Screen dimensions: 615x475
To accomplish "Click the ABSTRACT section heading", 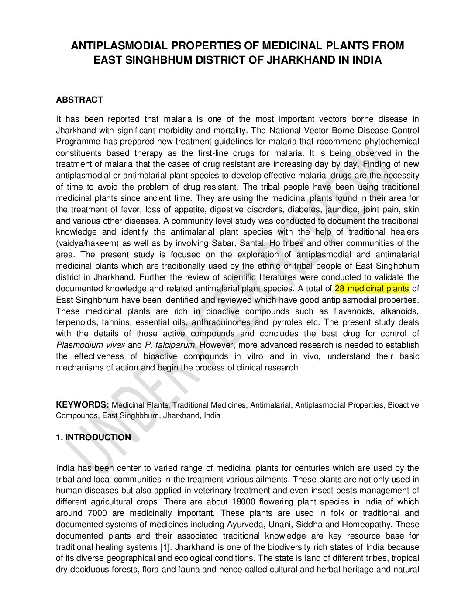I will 79,100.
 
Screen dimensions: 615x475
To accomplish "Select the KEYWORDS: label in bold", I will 82,404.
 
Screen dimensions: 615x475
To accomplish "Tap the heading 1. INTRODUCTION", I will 93,437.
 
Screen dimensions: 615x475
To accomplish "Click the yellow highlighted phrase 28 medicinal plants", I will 372,288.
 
